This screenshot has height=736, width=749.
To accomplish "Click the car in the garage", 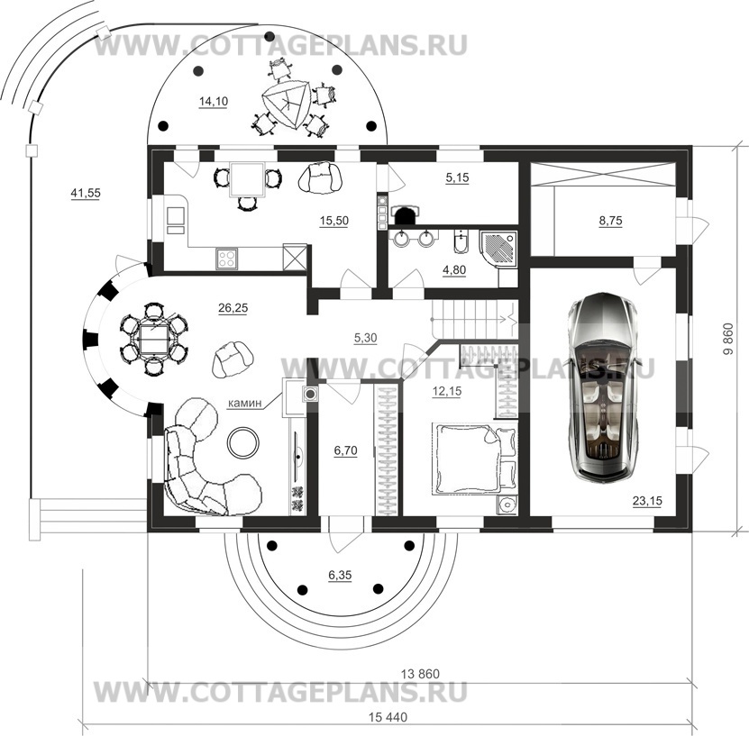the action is tap(603, 387).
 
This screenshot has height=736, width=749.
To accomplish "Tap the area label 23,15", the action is tap(647, 501).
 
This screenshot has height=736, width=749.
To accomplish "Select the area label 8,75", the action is tap(610, 221).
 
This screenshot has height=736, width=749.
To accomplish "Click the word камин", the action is tap(245, 403).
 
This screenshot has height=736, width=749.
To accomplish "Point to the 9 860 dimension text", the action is tap(728, 340).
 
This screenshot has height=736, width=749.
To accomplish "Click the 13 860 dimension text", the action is tap(420, 674).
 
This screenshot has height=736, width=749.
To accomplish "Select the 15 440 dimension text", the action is tap(388, 717).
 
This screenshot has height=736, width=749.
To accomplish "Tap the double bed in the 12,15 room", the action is tap(475, 459).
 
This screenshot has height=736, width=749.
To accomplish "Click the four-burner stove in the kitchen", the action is tap(227, 259).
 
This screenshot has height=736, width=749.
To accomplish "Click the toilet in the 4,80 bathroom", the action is tap(461, 243).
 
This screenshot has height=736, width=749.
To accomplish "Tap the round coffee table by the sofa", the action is tap(243, 442).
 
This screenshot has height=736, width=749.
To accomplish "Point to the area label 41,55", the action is tap(86, 194).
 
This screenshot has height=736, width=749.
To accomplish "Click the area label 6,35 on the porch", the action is tap(340, 575).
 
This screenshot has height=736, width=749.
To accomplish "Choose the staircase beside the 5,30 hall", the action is tap(474, 319).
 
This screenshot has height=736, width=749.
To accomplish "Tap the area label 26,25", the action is tap(233, 308).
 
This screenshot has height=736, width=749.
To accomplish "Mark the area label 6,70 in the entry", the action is tap(345, 450).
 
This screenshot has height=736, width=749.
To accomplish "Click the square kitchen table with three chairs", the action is tap(247, 180).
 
